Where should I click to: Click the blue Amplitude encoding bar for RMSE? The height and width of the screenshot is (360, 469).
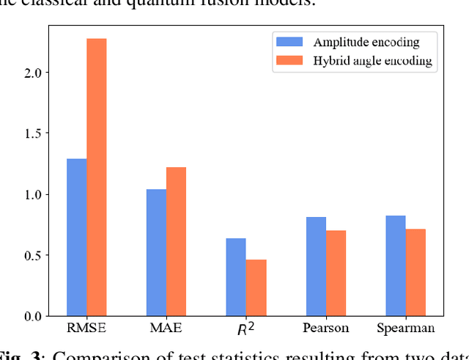click(76, 238)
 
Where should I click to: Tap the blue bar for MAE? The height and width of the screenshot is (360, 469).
click(156, 253)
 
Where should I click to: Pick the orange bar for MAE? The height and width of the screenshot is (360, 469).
click(176, 242)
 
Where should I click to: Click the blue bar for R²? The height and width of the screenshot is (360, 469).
click(236, 277)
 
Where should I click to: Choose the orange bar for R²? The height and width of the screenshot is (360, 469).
click(256, 287)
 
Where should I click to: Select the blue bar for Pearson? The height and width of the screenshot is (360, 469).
click(316, 266)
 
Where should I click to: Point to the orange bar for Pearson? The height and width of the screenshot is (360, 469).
click(336, 273)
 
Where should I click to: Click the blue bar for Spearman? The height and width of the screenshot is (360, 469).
click(396, 265)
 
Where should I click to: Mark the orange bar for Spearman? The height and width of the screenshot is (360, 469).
click(416, 273)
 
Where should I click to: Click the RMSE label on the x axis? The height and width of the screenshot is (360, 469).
click(86, 328)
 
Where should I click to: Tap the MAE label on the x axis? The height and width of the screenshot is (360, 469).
click(166, 328)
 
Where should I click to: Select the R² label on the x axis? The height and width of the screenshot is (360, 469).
click(246, 328)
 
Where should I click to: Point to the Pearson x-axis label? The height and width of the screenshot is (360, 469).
click(325, 328)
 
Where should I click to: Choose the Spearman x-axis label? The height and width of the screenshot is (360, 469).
click(405, 328)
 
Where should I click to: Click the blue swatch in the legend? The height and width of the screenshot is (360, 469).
click(285, 43)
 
